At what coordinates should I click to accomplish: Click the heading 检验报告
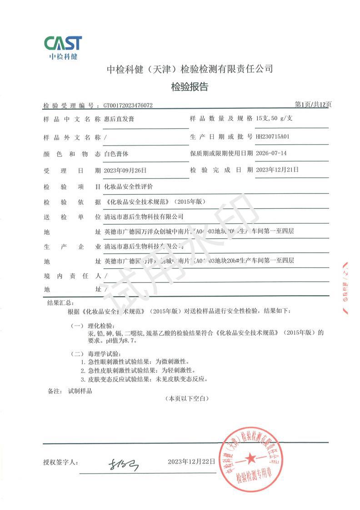point(190,87)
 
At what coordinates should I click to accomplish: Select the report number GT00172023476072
point(128,106)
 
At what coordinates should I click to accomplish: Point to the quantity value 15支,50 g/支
point(275,119)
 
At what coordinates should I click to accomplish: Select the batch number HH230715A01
point(273,136)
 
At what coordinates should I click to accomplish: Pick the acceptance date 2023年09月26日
point(125,170)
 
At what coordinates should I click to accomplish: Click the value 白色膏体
point(116,153)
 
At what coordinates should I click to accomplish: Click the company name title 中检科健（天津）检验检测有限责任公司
point(190,69)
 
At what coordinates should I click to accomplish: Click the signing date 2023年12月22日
point(191,461)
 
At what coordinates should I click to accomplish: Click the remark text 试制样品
point(80,391)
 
